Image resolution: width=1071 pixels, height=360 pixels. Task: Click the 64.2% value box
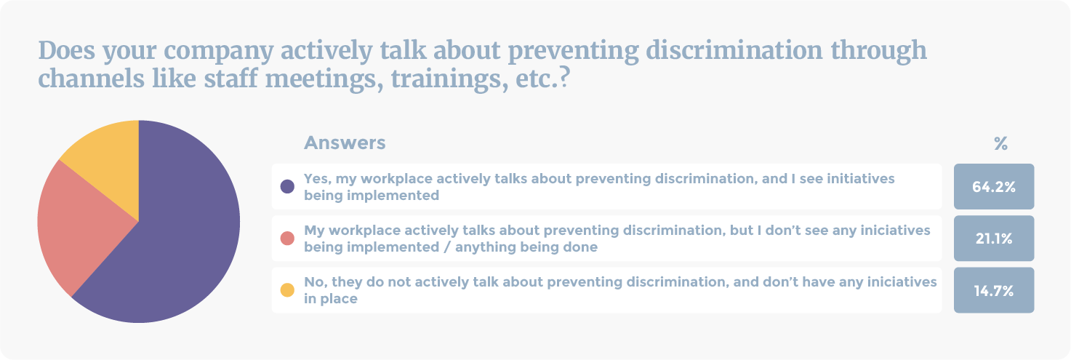(x=993, y=186)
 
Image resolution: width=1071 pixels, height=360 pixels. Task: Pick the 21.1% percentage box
(x=993, y=238)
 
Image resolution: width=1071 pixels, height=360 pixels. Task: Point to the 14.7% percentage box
(x=993, y=290)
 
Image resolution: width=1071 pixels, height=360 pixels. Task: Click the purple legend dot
(x=287, y=186)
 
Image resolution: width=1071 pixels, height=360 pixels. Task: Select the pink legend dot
(x=287, y=238)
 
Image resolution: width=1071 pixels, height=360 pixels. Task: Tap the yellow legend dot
(x=287, y=289)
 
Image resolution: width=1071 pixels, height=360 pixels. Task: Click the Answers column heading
(x=345, y=143)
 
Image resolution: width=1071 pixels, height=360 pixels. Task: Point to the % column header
(x=1000, y=143)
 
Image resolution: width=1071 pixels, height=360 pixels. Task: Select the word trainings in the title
(x=449, y=79)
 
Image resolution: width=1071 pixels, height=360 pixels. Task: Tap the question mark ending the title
(x=565, y=78)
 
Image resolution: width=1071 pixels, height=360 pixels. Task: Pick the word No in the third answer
(x=314, y=282)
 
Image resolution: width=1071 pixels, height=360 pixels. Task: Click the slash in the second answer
(x=446, y=247)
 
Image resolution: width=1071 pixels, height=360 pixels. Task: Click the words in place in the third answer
(x=331, y=299)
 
